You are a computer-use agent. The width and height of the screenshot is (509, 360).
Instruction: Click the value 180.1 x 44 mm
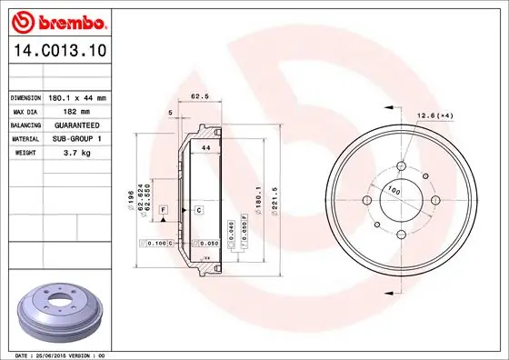pyautogui.click(x=78, y=97)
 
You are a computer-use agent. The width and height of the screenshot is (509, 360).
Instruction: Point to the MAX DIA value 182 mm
pyautogui.click(x=65, y=111)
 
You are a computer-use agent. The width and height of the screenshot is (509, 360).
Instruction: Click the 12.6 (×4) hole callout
pyautogui.click(x=434, y=115)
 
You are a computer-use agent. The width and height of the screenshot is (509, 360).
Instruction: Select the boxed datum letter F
pyautogui.click(x=163, y=210)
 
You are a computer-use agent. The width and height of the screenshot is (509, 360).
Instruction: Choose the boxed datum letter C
pyautogui.click(x=197, y=210)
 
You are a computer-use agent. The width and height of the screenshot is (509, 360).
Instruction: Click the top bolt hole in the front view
pyautogui.click(x=401, y=165)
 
